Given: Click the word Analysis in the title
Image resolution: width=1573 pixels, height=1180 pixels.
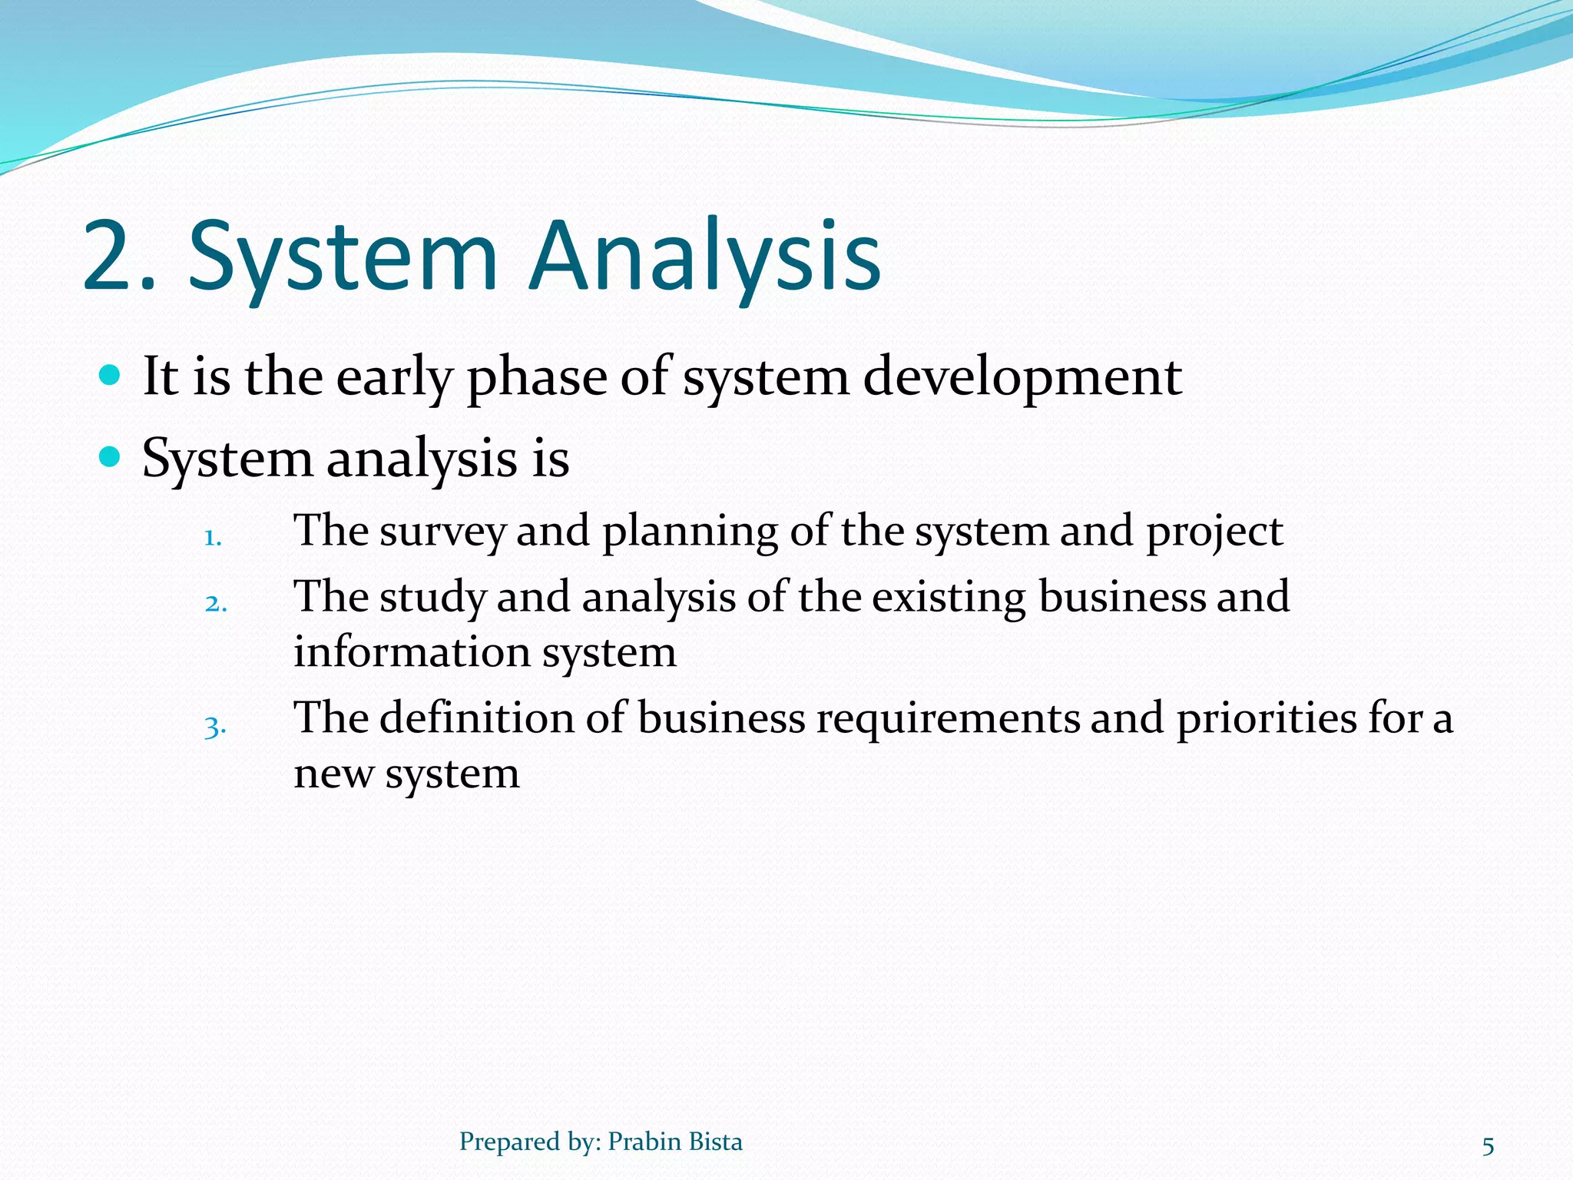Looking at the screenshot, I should [x=705, y=257].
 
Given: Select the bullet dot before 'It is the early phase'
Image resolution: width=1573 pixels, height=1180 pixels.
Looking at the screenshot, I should [x=111, y=375].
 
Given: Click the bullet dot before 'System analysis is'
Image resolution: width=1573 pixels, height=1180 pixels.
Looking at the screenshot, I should [x=111, y=457].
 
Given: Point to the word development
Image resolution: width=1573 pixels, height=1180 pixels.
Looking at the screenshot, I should [x=1022, y=378].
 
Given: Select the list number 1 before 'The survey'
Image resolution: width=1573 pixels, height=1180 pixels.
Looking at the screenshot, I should [x=212, y=538].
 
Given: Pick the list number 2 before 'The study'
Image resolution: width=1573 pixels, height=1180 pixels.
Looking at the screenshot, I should [x=216, y=603].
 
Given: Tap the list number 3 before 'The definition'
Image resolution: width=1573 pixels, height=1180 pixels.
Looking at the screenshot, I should [x=215, y=726].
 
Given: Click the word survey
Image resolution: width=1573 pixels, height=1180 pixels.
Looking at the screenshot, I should [x=442, y=532].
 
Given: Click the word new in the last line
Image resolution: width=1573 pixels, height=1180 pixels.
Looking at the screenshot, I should [x=333, y=774].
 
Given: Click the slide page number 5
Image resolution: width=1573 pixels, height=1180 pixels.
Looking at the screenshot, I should [x=1488, y=1146].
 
